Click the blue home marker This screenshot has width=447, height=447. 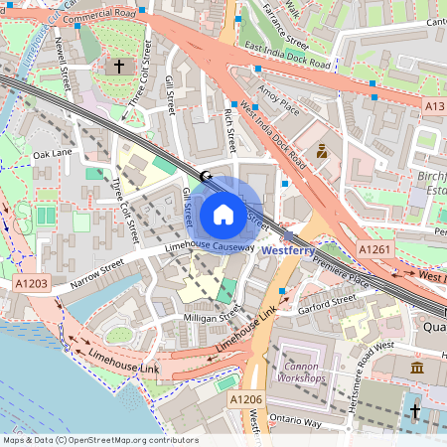pos(223,213)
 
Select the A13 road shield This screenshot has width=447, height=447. pos(434,104)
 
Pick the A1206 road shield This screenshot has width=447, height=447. pos(246,398)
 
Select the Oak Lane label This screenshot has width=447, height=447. pos(53,154)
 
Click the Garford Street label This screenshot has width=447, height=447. pos(328,302)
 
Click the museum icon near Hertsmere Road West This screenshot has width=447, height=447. pos(415,368)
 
